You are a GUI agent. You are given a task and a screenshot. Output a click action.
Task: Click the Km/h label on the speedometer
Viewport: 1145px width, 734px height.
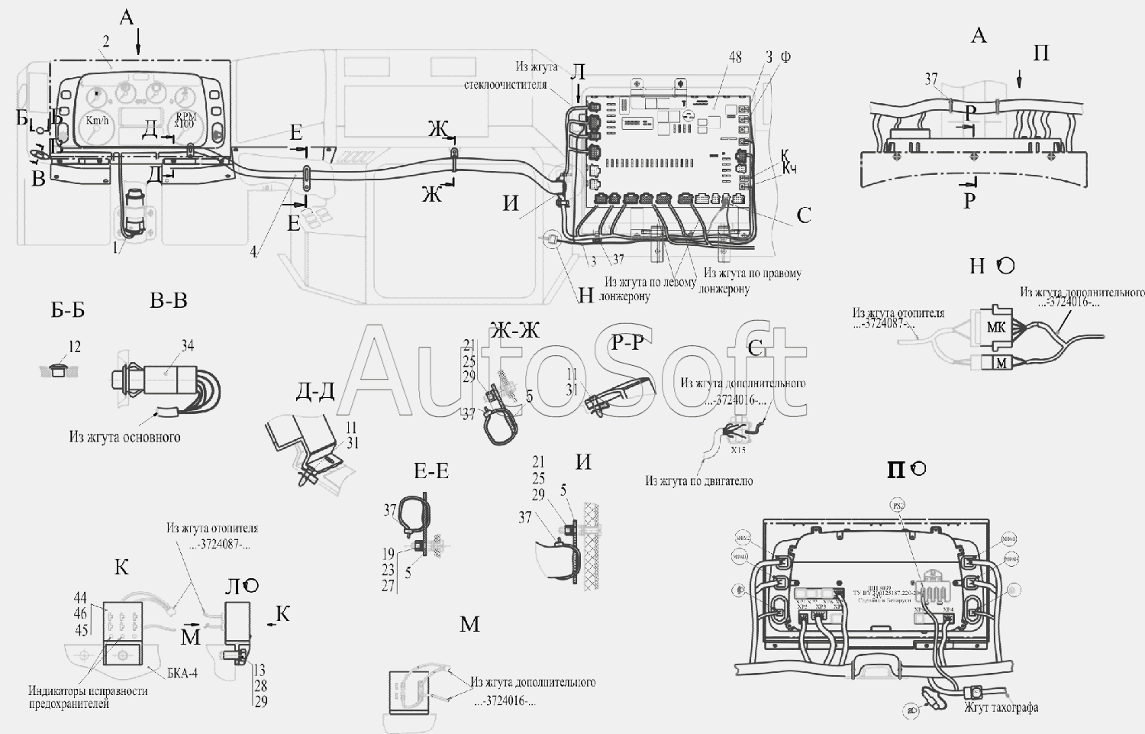97,120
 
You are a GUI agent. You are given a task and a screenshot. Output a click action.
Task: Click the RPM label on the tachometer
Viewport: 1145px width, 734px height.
185,117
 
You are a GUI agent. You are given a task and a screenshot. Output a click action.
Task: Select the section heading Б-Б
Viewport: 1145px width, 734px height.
68,309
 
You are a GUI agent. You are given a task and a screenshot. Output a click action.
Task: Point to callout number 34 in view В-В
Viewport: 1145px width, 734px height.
188,347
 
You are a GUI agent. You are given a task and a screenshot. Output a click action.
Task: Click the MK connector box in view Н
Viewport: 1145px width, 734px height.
996,328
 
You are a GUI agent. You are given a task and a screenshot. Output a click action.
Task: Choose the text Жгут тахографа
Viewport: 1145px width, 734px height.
1001,707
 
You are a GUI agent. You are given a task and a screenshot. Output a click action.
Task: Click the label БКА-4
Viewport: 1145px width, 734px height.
182,673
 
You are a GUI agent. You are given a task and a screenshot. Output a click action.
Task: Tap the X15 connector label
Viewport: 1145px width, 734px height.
738,450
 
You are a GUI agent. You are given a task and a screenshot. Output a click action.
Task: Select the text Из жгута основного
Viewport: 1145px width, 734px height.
124,437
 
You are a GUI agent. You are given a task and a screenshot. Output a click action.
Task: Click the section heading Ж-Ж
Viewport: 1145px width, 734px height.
514,330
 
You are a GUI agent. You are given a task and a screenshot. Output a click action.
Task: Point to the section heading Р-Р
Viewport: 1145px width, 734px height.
628,343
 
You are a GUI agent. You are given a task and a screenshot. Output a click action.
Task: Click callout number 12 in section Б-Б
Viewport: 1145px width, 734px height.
74,347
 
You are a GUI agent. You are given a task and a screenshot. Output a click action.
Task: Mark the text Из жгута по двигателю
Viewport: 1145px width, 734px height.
698,480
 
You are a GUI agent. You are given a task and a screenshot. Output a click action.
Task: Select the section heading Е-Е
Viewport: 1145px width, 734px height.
431,471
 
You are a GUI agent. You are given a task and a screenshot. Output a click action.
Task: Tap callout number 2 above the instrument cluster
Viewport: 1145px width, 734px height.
105,42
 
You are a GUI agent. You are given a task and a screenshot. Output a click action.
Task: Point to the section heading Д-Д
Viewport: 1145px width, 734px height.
315,391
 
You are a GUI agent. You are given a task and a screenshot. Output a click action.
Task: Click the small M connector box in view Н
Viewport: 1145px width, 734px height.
1000,363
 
